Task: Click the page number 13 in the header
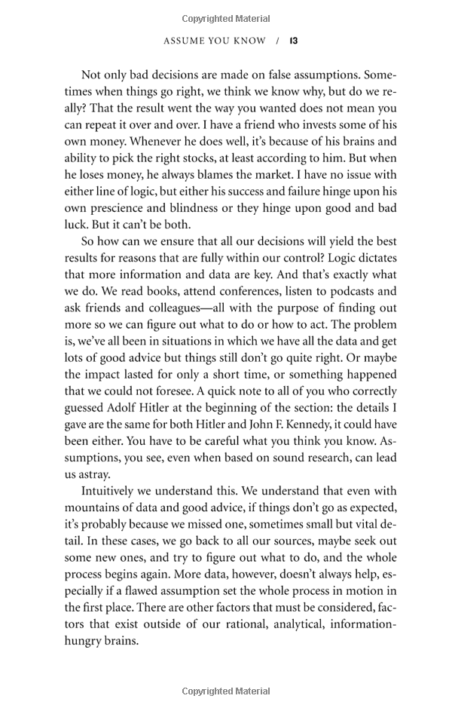pos(293,41)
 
